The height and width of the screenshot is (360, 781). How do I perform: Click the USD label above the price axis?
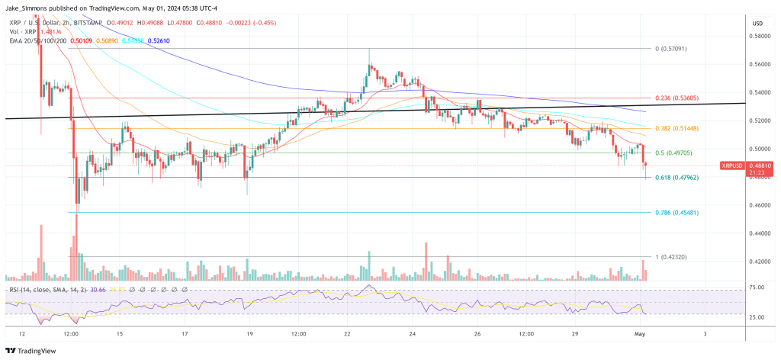[x=757, y=23]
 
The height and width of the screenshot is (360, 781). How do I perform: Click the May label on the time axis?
[x=640, y=333]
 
